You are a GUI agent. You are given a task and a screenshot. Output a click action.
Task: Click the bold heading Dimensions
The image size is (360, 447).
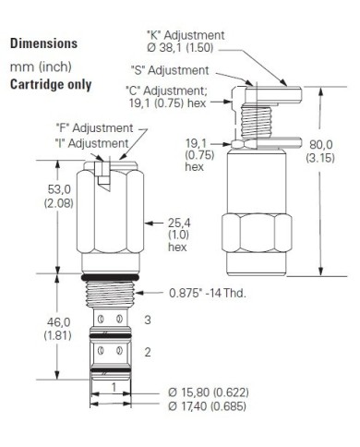coord(43,43)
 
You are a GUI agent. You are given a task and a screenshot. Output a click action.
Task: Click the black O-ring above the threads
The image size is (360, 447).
coord(110,276)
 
